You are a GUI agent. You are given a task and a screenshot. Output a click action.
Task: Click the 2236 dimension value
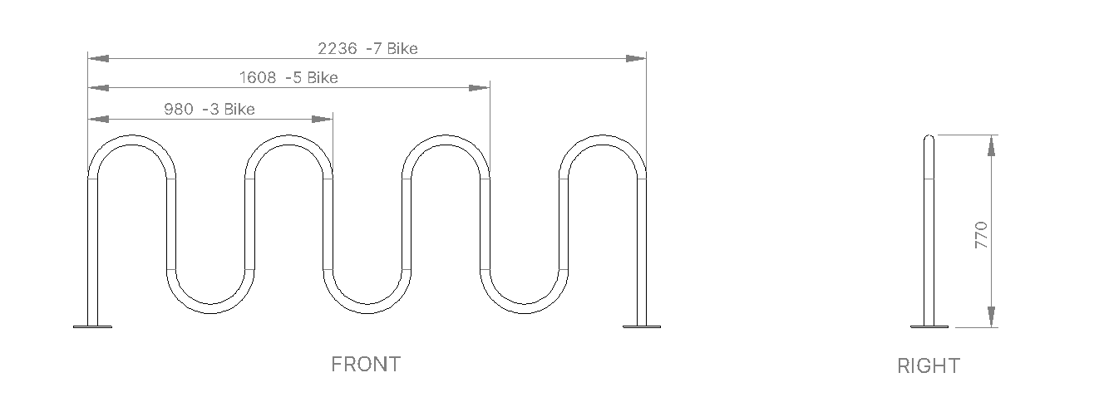click(x=337, y=48)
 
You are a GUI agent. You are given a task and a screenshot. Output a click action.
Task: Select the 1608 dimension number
click(x=258, y=77)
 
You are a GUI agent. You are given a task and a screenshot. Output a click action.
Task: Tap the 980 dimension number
click(x=179, y=109)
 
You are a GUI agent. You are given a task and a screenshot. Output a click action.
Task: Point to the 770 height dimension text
click(x=981, y=235)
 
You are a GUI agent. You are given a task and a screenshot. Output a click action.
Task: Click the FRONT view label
click(x=366, y=365)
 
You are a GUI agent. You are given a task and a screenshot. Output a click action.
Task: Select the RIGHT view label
click(x=929, y=365)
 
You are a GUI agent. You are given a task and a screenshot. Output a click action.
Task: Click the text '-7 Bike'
click(x=392, y=48)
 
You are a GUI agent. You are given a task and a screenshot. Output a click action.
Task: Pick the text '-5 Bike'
click(x=312, y=77)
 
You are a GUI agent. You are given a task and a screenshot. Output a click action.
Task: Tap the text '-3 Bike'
click(x=229, y=109)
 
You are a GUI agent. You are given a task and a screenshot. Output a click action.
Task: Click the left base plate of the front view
click(x=92, y=326)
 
